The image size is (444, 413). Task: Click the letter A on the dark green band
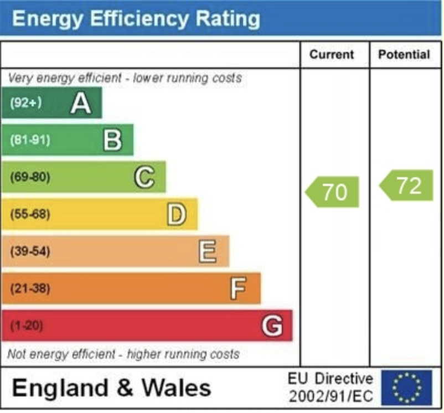coord(81,103)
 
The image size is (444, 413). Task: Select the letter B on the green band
coord(112,140)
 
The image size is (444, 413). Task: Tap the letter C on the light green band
coord(144,177)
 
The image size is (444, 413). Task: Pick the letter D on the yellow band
coord(176,214)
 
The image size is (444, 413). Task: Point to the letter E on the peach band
coord(207,251)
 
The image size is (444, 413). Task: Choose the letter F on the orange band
coord(238,288)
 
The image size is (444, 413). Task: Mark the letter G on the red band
coord(272,326)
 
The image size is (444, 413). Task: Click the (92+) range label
coord(26,103)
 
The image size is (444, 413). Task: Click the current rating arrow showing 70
coord(333,192)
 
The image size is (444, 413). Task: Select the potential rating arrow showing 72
coord(407,185)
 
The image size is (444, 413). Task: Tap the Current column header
coord(331,55)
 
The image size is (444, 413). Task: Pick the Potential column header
coord(404,55)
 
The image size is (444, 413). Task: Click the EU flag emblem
coord(406,388)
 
